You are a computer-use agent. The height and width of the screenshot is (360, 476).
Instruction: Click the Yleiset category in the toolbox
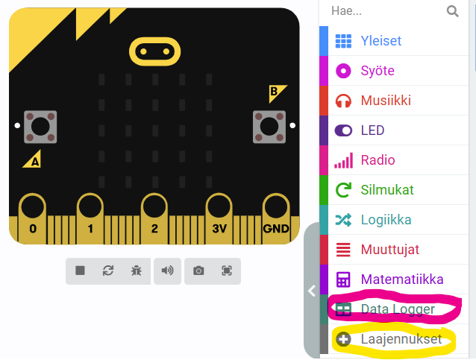(381, 41)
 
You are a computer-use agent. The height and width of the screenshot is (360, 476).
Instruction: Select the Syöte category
(378, 71)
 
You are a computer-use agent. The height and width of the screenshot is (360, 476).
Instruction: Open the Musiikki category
(386, 101)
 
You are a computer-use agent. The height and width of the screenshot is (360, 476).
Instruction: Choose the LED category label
(372, 130)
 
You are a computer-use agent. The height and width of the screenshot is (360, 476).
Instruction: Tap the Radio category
(378, 160)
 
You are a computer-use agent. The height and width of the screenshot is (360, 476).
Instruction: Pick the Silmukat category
(387, 190)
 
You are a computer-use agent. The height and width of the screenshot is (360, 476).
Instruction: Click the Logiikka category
(386, 220)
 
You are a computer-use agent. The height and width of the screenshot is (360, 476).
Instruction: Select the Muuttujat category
(389, 249)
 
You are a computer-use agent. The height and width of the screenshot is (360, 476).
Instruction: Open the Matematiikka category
(402, 279)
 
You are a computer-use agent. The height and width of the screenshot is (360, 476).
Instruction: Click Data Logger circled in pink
(398, 309)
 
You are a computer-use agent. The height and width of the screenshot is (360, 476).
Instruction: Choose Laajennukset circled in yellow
(401, 339)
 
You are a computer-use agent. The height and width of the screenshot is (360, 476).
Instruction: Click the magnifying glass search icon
(452, 11)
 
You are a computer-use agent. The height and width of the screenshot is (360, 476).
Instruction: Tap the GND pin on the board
(275, 219)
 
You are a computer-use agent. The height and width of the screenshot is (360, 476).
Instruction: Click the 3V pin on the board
(219, 219)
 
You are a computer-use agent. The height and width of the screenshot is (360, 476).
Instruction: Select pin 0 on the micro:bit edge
(33, 219)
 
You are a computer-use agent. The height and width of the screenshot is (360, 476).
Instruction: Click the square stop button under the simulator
(80, 271)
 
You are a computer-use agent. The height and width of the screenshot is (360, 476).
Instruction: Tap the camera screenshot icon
(198, 271)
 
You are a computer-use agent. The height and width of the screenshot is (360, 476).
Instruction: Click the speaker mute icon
(167, 271)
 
